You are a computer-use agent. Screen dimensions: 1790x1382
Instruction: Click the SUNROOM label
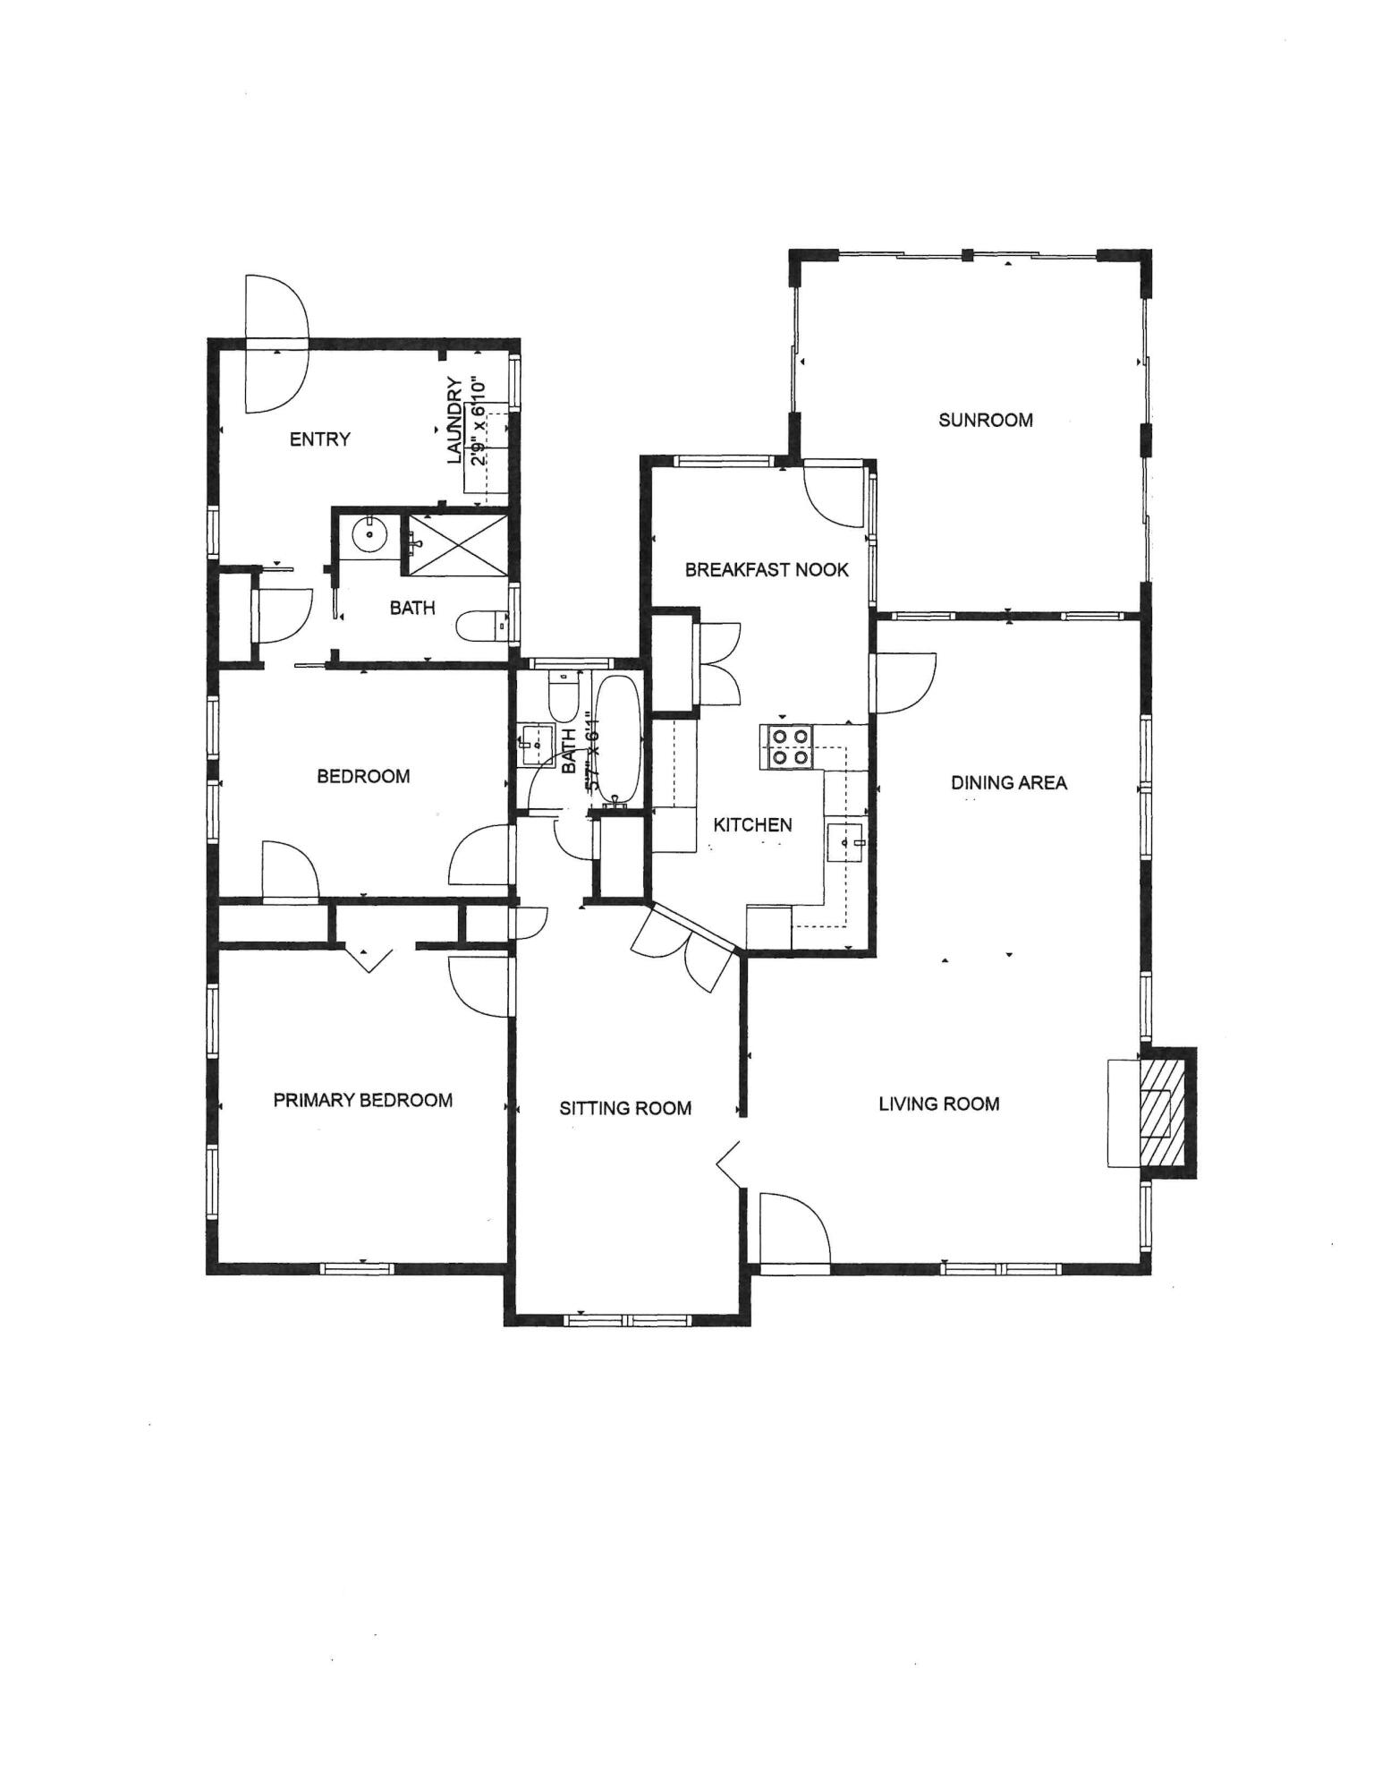click(x=985, y=420)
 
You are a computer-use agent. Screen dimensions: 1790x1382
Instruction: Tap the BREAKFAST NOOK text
click(x=767, y=570)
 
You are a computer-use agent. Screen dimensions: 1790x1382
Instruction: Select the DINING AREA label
click(x=1008, y=783)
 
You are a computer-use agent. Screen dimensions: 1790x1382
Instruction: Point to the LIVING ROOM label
click(x=938, y=1104)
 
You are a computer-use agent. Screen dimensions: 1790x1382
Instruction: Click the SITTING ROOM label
click(x=625, y=1109)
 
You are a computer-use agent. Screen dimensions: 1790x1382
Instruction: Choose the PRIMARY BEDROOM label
click(x=362, y=1101)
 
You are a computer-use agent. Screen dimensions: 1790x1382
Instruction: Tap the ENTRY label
click(x=320, y=439)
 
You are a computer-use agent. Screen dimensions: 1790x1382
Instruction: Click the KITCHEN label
click(x=752, y=825)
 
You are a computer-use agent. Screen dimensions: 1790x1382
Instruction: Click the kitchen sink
click(x=845, y=842)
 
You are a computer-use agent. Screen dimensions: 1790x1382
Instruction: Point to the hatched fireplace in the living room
click(x=1165, y=1112)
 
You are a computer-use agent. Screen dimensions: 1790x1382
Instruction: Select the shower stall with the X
click(x=457, y=544)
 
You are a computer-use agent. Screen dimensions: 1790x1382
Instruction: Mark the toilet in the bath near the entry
click(x=483, y=627)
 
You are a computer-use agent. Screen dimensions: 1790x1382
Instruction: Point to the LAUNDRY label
click(x=455, y=421)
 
